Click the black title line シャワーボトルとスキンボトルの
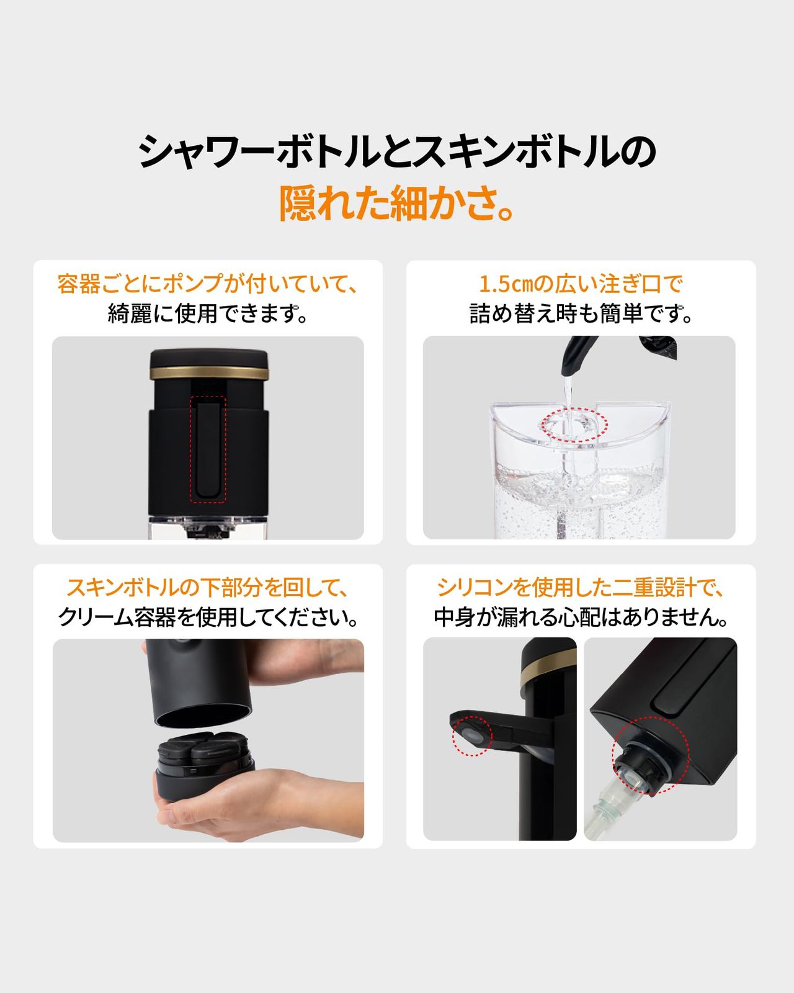[397, 151]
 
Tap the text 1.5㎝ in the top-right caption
[505, 284]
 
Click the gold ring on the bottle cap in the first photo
[209, 373]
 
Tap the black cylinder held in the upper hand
[198, 683]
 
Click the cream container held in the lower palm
[205, 770]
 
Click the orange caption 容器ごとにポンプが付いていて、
[208, 284]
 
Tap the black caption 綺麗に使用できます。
[208, 313]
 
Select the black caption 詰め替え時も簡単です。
[581, 313]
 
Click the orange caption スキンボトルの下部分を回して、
[208, 587]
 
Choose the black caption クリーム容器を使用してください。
[208, 617]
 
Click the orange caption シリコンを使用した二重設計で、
[581, 587]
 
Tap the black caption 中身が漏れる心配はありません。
[581, 617]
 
